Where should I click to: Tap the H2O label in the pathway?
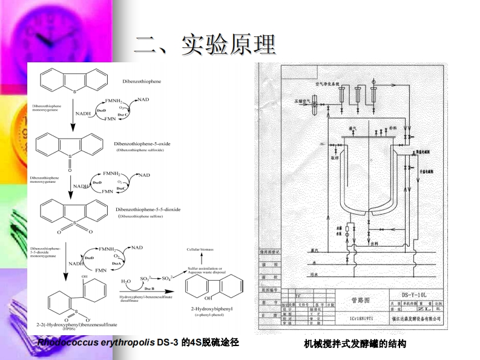pyautogui.click(x=125, y=281)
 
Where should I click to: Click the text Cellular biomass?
pyautogui.click(x=200, y=249)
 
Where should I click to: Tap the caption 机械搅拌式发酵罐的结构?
pyautogui.click(x=355, y=344)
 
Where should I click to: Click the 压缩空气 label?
pyautogui.click(x=302, y=95)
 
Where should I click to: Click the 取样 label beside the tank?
pyautogui.click(x=334, y=158)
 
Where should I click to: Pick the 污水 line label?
pyautogui.click(x=314, y=275)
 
